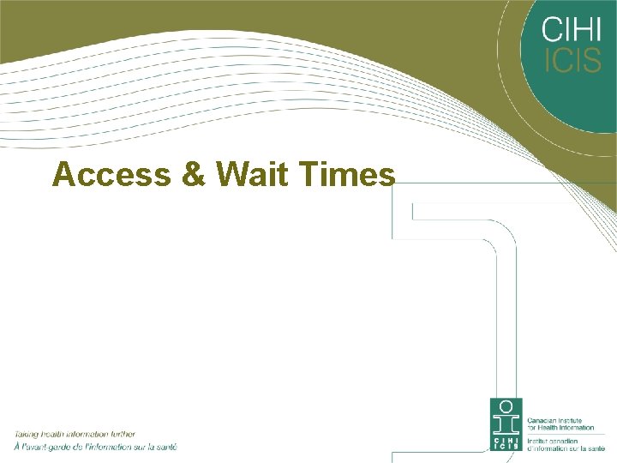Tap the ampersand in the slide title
(195, 175)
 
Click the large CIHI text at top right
(572, 32)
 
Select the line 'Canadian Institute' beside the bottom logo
(554, 420)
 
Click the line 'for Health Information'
(560, 427)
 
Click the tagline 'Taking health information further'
(74, 435)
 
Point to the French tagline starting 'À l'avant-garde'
(94, 447)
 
